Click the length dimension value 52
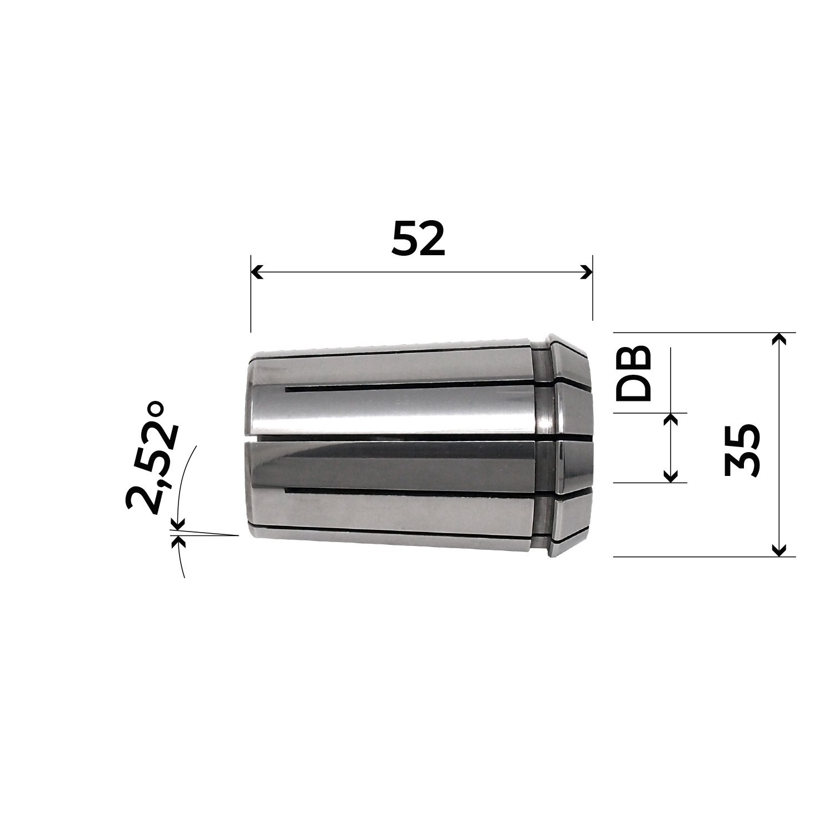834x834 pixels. click(419, 238)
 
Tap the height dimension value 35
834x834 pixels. click(742, 450)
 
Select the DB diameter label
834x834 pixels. click(634, 373)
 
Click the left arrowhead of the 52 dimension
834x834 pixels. click(256, 272)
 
